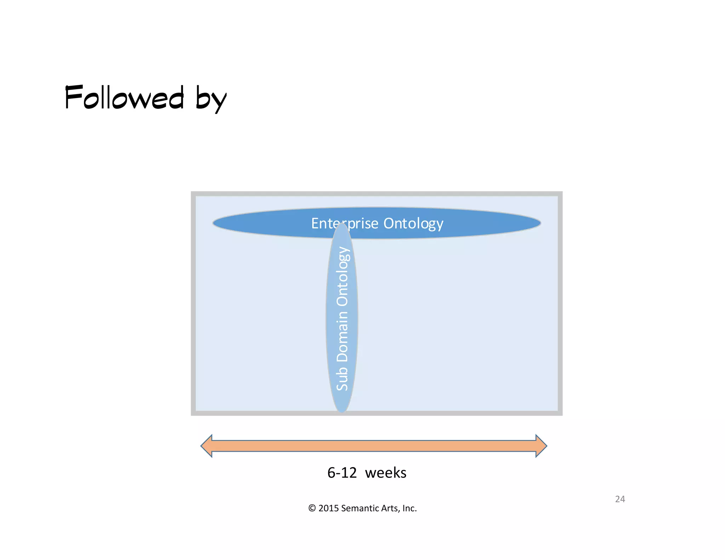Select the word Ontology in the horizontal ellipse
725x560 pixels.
pyautogui.click(x=413, y=224)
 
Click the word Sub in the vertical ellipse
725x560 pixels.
pyautogui.click(x=342, y=378)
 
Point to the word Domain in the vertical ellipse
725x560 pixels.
pyautogui.click(x=342, y=337)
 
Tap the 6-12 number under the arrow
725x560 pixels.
pyautogui.click(x=342, y=473)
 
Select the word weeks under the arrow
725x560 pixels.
pyautogui.click(x=386, y=473)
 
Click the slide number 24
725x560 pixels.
pyautogui.click(x=620, y=499)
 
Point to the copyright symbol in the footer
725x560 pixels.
pyautogui.click(x=312, y=508)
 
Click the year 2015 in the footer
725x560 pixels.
pyautogui.click(x=329, y=508)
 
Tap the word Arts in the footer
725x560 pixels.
pyautogui.click(x=390, y=508)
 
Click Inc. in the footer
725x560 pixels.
pyautogui.click(x=410, y=508)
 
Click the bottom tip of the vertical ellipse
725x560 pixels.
pyautogui.click(x=342, y=411)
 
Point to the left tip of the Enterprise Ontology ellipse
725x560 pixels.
pyautogui.click(x=214, y=223)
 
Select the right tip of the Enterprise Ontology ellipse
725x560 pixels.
pyautogui.click(x=540, y=223)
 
